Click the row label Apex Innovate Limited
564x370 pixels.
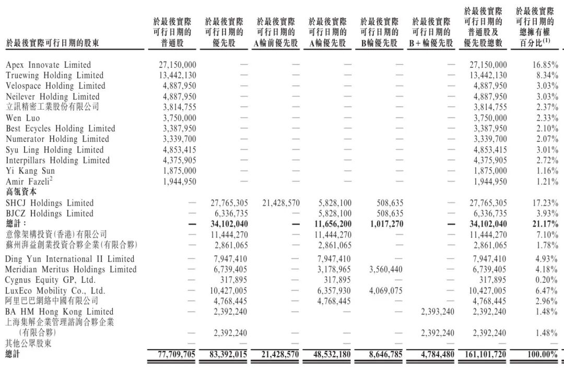tap(48, 65)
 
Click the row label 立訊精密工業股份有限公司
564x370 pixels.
tap(52, 107)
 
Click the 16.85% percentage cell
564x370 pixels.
tap(545, 65)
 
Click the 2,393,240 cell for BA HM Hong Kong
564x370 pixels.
tap(437, 312)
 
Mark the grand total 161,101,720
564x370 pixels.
tap(485, 354)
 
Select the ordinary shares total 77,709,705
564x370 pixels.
tap(177, 354)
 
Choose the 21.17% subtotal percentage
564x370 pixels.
tap(545, 224)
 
